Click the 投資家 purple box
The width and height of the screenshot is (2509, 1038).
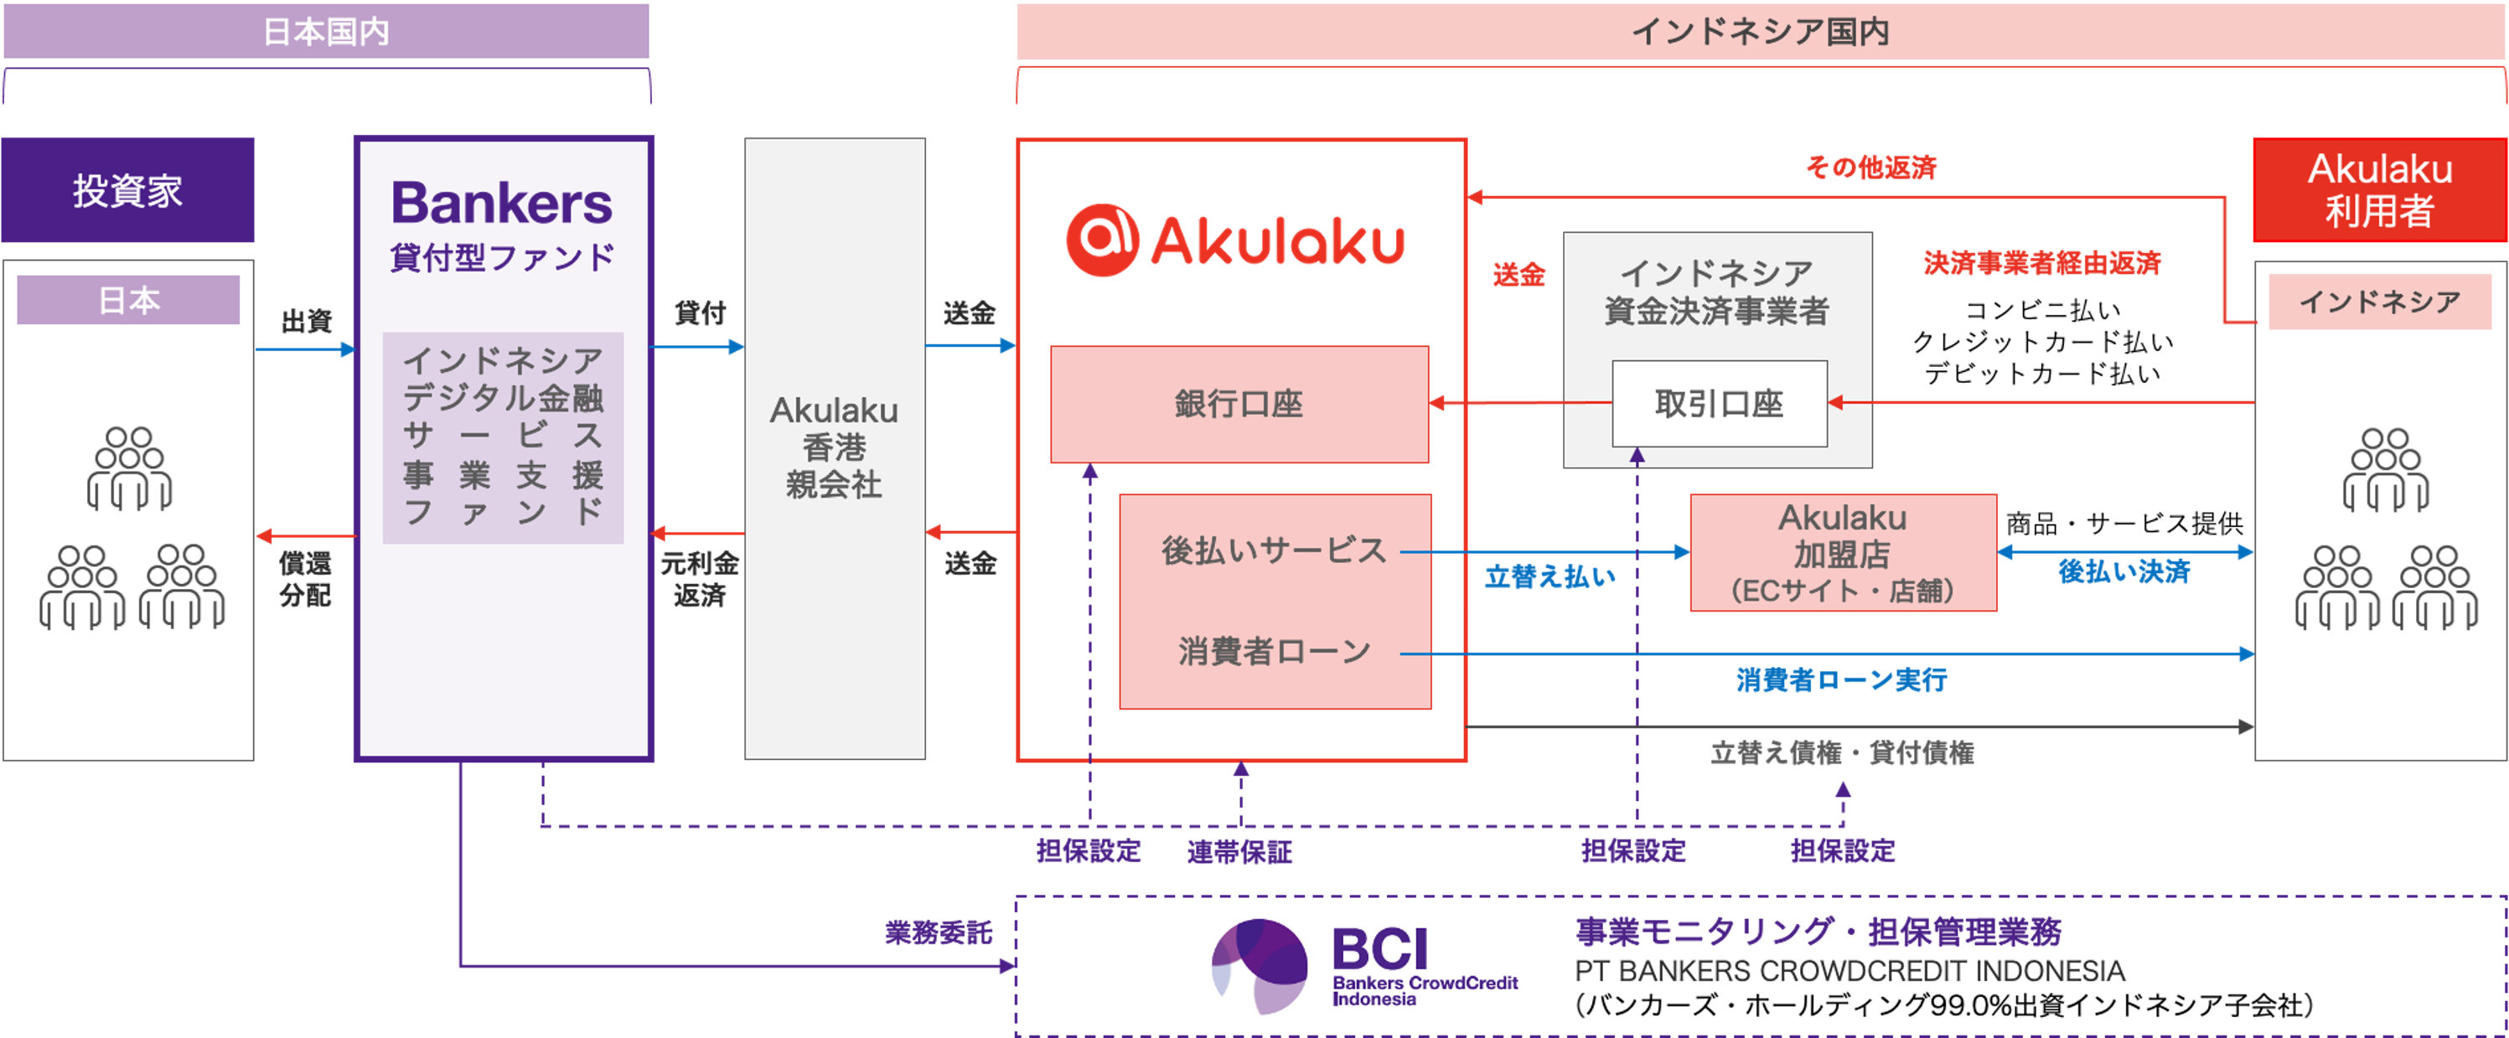127,190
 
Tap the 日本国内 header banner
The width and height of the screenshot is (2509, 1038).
326,32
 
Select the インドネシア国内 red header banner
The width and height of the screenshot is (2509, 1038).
1759,32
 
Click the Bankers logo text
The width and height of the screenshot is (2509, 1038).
502,204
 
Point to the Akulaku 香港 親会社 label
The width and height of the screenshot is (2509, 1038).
835,447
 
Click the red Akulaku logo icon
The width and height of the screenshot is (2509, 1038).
1102,240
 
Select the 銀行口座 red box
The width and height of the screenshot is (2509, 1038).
1239,404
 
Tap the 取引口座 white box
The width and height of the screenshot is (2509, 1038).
1719,403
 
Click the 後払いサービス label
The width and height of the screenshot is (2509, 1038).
1273,550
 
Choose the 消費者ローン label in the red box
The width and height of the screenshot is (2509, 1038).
1273,650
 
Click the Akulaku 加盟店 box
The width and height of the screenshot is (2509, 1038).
1843,553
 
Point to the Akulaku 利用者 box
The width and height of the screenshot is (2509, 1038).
2378,190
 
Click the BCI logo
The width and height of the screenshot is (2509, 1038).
1365,967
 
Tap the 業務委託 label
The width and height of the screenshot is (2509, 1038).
938,932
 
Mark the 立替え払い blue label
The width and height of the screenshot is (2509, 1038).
1549,576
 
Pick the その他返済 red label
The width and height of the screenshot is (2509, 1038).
1870,168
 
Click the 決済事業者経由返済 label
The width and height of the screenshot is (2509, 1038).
2041,263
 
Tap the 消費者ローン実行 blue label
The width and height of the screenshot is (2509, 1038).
1841,679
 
